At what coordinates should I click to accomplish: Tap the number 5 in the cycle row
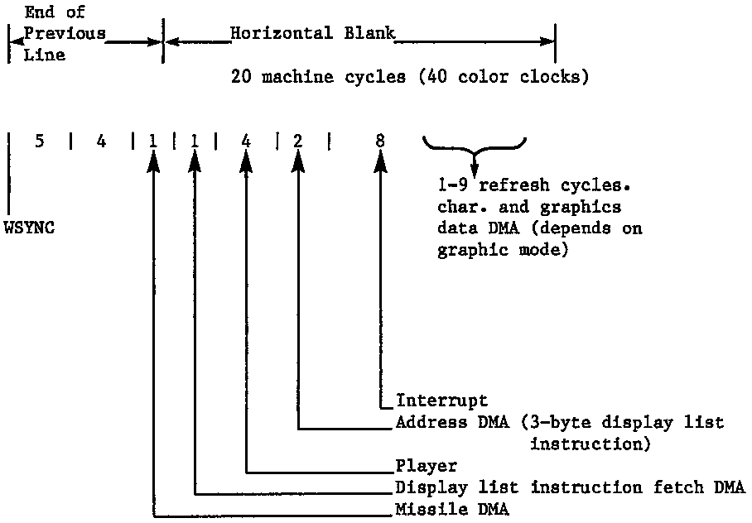point(40,142)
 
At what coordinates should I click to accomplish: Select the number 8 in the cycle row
point(380,142)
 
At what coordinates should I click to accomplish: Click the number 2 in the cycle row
point(297,142)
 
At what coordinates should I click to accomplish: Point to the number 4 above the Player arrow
point(246,142)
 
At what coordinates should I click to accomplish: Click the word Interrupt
point(441,401)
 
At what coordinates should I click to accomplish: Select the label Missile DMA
point(452,509)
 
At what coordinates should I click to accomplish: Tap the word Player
point(427,466)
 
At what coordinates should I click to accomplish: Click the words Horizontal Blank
point(312,34)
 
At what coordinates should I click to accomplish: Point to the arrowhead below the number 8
point(380,165)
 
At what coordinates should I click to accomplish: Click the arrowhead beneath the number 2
point(297,165)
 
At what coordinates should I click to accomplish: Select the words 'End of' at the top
point(55,12)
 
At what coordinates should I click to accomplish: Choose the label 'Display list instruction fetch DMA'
point(571,487)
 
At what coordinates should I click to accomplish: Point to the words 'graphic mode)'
point(503,250)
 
